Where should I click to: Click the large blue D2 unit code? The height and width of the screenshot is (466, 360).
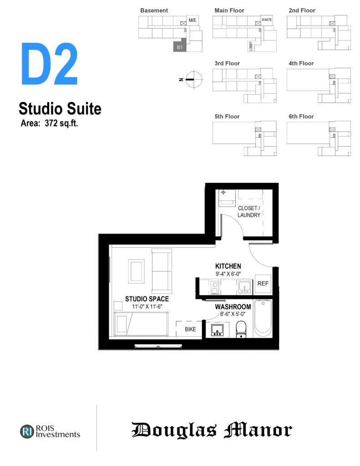coord(49,64)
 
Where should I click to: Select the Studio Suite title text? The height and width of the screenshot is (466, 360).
coord(60,109)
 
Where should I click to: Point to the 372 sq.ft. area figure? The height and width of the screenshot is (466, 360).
coord(61,123)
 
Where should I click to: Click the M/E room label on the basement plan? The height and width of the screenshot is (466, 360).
coord(193,20)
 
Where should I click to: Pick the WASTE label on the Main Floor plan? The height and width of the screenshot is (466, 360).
coord(267,20)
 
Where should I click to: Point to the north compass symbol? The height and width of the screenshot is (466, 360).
coord(193,80)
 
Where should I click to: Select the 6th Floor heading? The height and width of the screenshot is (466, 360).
coord(301,116)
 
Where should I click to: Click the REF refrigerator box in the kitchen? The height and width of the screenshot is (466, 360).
coord(263,284)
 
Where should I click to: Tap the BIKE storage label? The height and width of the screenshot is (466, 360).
coord(190,329)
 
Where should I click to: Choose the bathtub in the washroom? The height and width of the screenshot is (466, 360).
coord(263,319)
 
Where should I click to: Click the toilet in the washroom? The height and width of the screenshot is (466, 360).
coord(241,329)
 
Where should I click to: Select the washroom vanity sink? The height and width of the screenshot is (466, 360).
coord(217,330)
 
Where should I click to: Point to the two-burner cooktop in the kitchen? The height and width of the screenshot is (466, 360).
coord(215,288)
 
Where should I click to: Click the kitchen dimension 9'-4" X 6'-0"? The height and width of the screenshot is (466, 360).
coord(228,274)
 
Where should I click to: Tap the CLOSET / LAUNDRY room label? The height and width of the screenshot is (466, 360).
coord(249,212)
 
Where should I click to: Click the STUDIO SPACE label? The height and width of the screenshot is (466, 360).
coord(147,299)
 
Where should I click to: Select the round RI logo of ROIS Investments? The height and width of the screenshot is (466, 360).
coord(27,431)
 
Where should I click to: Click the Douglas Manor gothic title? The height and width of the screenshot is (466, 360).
coord(212,430)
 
